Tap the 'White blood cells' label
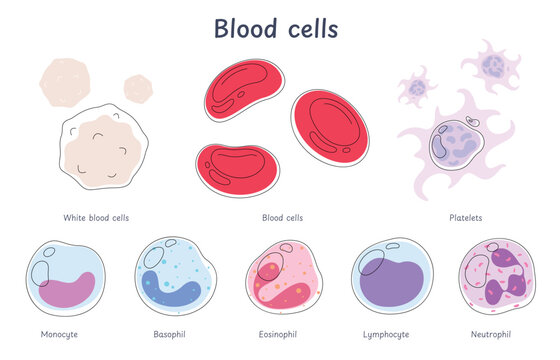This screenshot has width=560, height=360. click(95, 216)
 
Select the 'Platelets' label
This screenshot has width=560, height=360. click(466, 216)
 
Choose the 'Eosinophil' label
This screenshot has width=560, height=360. click(276, 332)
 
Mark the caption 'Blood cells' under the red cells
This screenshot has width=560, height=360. click(282, 216)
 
